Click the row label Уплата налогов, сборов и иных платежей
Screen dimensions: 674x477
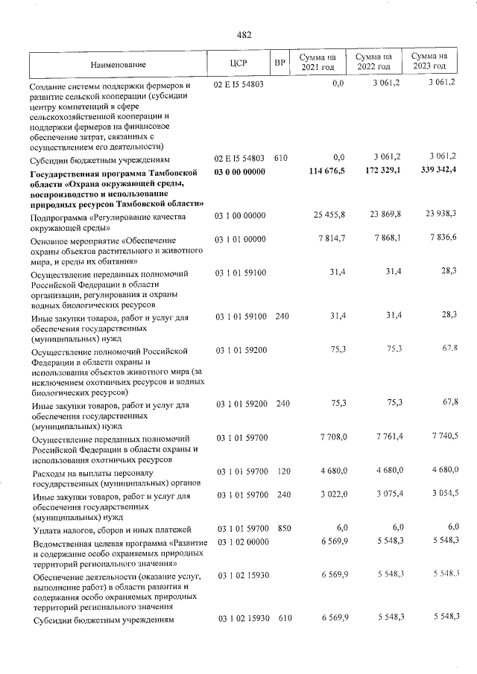(112, 530)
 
